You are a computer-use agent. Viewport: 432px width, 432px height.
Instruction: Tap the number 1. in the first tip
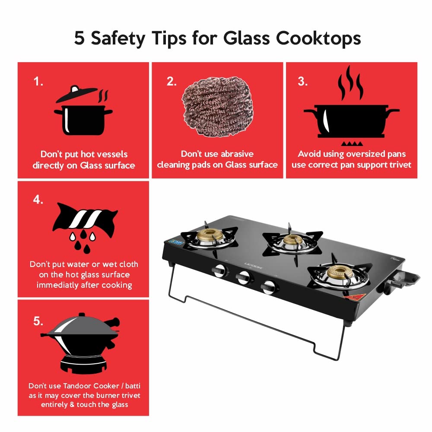point(39,82)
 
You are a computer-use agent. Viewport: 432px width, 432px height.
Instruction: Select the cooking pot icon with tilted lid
point(83,110)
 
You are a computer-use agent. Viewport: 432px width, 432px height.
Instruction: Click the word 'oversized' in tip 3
point(362,154)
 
